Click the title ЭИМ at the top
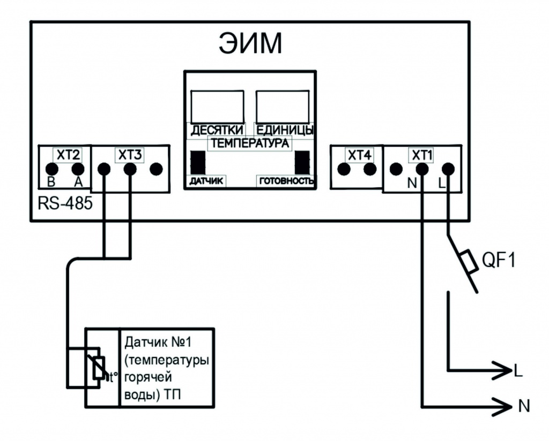pos(250,44)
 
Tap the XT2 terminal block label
pos(68,156)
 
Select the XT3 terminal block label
pos(130,156)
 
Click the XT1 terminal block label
pos(422,156)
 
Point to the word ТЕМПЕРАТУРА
pos(250,143)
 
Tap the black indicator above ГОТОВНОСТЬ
pos(303,162)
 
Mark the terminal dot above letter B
pos(52,169)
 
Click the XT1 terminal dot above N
pos(422,169)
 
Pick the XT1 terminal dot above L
pos(448,169)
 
